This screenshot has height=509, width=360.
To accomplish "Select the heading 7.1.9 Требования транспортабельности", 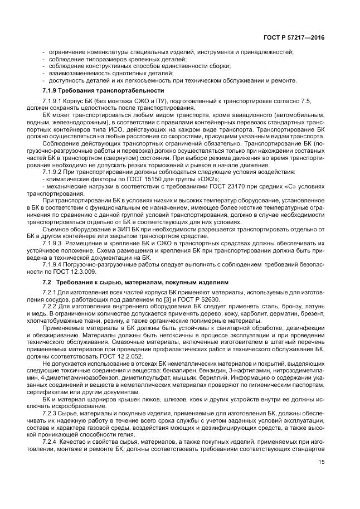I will [x=103, y=91].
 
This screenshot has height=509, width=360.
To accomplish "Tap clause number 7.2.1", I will [x=49, y=293].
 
